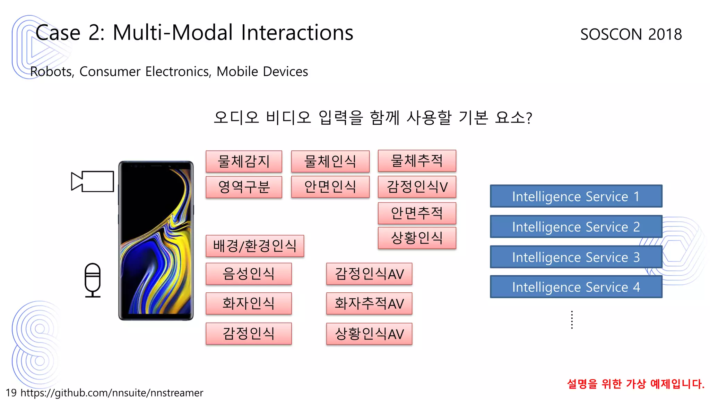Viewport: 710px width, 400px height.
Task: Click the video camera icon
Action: tap(93, 181)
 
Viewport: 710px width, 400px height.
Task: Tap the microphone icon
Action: tap(93, 280)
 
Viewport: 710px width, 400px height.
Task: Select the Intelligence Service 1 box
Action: tap(576, 196)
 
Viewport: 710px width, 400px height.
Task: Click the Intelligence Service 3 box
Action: tap(576, 257)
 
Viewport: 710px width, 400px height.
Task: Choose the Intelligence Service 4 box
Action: tap(576, 287)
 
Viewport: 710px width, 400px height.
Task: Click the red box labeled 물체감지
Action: tap(244, 161)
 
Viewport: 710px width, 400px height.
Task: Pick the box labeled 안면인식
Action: tap(330, 187)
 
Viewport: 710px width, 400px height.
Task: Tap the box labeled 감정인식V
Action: tap(417, 187)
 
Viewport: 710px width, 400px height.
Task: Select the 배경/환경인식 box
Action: tap(255, 246)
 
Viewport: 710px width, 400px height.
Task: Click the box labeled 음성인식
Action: tap(249, 274)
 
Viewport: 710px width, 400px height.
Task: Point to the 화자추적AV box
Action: tap(369, 303)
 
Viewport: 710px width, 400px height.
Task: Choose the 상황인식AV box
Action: tap(369, 334)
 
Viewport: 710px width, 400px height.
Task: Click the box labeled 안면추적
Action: tap(417, 213)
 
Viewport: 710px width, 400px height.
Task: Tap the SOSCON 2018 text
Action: tap(631, 34)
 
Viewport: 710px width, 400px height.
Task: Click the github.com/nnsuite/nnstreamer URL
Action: tap(112, 393)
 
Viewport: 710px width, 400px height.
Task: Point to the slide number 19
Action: tap(11, 393)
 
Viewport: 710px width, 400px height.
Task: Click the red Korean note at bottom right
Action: tap(635, 384)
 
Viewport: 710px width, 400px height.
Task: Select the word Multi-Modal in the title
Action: tap(173, 33)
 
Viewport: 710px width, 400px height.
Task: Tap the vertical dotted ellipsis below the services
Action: tap(572, 320)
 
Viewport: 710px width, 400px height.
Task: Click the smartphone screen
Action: tap(156, 241)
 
